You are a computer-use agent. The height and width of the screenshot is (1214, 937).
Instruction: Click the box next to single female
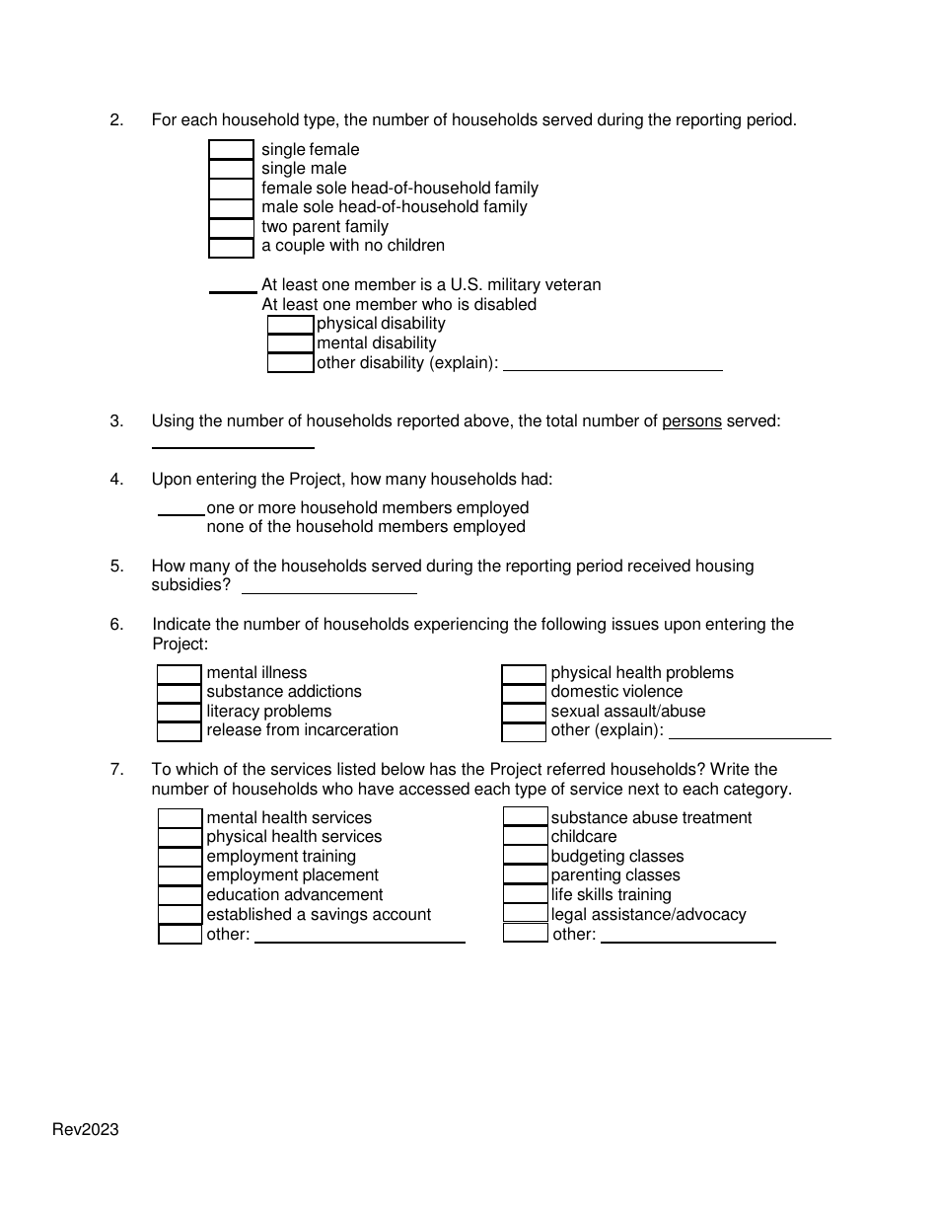coord(231,150)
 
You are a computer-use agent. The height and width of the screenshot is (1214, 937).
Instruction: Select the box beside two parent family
coord(231,227)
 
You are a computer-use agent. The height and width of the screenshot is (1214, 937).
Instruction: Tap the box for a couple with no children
coord(231,247)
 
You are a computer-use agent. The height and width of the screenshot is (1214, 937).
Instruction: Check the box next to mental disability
coord(290,343)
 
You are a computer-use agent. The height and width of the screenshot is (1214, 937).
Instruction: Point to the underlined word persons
coord(691,421)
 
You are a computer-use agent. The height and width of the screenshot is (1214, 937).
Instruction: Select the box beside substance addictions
coord(180,693)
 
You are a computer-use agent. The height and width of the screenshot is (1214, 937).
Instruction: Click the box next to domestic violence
coord(524,693)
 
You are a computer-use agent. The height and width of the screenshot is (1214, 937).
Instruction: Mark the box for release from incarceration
coord(180,731)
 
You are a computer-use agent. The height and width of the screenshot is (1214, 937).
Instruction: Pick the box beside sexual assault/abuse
coord(524,713)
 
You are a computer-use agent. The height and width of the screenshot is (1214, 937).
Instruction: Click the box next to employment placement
coord(180,876)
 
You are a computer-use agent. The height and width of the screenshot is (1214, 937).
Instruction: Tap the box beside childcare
coord(525,837)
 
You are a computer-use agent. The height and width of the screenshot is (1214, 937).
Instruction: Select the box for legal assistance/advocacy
coord(525,915)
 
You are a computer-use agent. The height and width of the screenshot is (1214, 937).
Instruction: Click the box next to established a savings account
coord(180,915)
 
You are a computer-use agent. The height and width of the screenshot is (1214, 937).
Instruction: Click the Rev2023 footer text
coord(86,1130)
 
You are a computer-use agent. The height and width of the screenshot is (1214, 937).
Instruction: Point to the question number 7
coord(116,770)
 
